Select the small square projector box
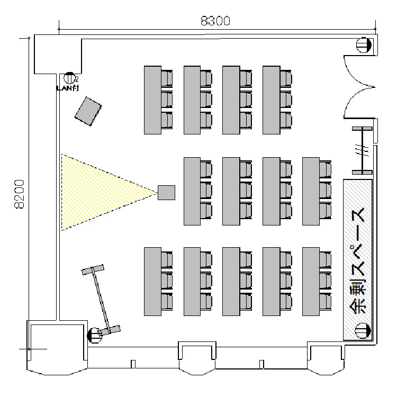(x=166, y=192)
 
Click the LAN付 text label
(x=67, y=88)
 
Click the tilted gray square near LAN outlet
(x=88, y=111)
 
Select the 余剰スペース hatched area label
(x=358, y=259)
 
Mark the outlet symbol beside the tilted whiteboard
(x=94, y=334)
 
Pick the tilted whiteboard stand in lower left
(x=101, y=300)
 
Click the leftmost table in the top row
(x=152, y=100)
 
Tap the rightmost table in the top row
(x=270, y=100)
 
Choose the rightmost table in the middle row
(x=310, y=191)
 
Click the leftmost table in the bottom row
(x=152, y=281)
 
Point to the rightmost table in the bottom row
(x=310, y=281)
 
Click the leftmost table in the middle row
(x=192, y=191)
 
